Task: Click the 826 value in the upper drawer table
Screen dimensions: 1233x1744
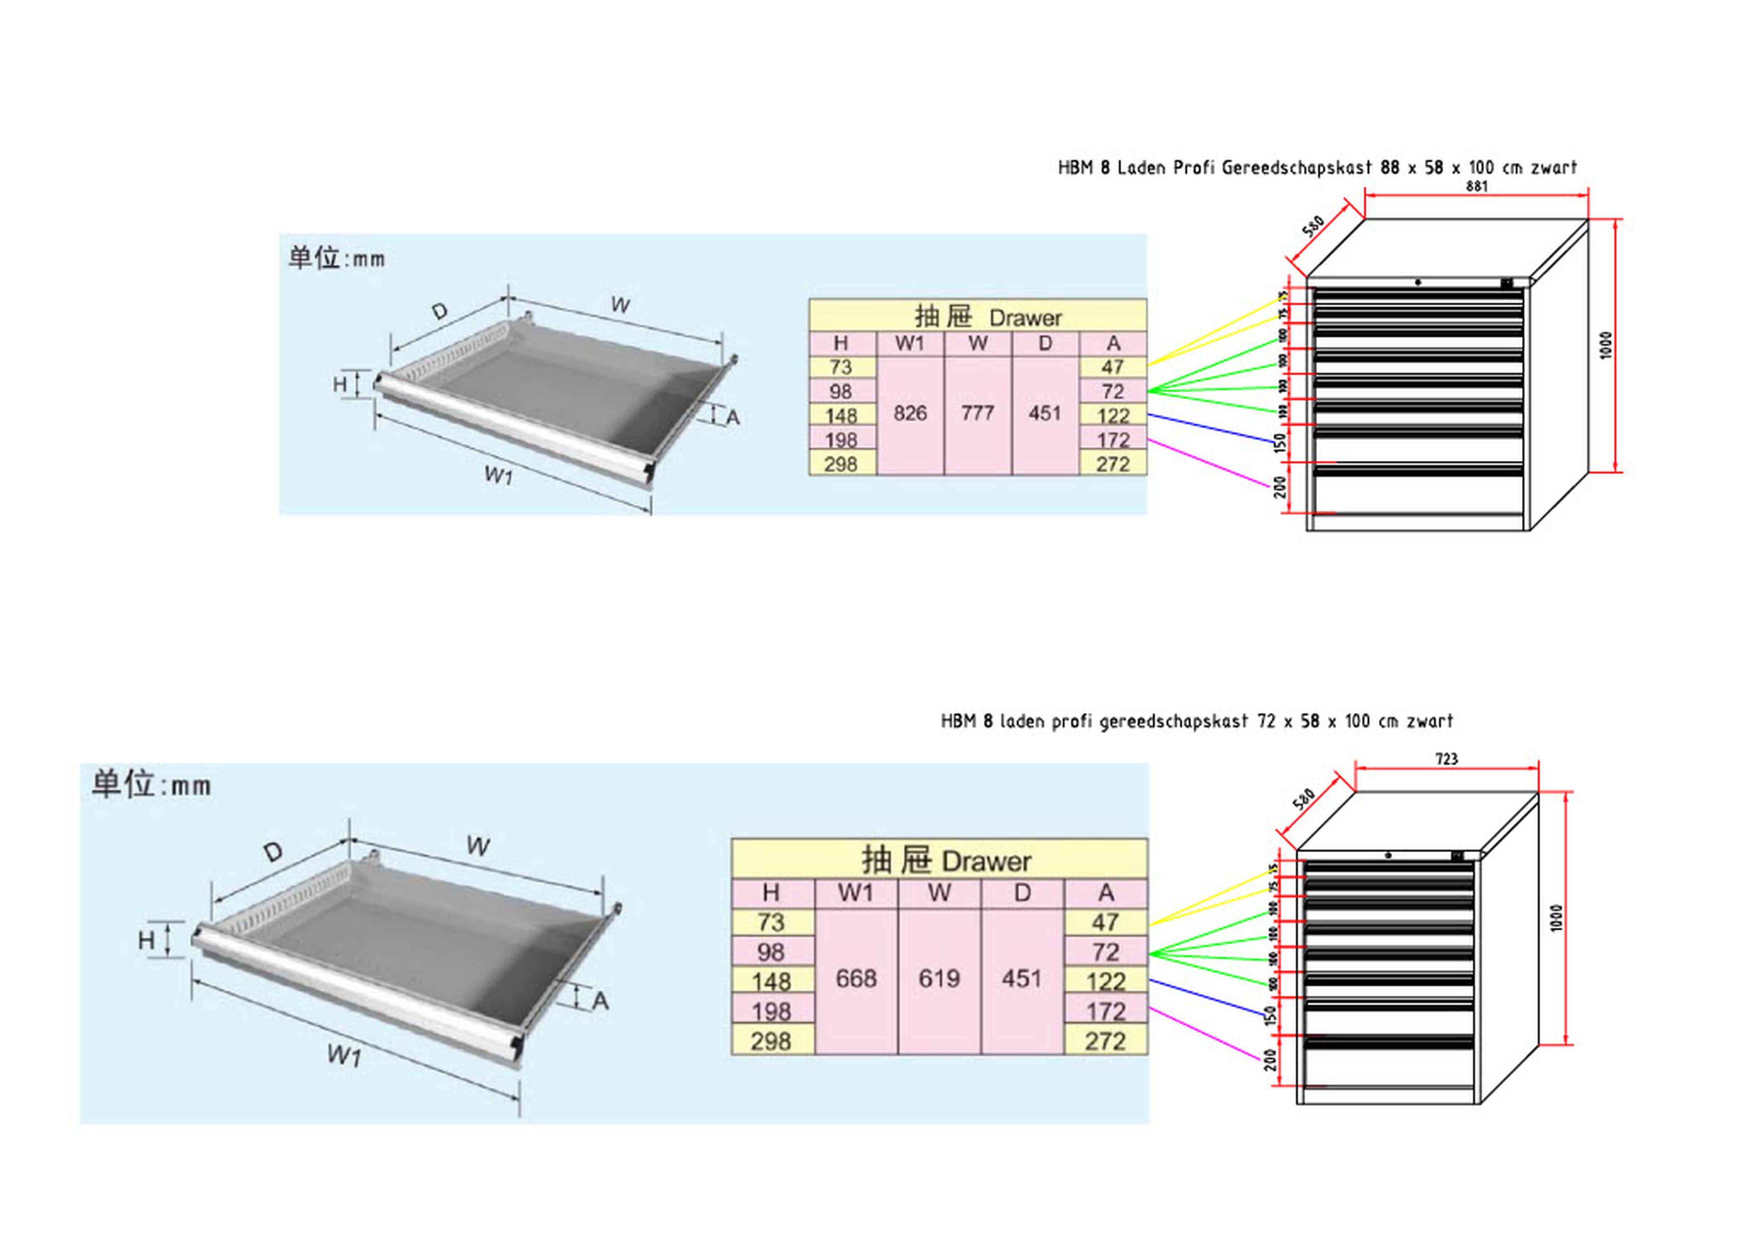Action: click(x=910, y=413)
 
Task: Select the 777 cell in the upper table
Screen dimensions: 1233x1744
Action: click(x=977, y=413)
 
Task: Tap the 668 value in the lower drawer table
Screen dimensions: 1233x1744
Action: click(x=856, y=979)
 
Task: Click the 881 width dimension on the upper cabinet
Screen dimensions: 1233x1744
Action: click(x=1476, y=186)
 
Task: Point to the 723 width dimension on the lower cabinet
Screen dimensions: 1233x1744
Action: click(x=1446, y=759)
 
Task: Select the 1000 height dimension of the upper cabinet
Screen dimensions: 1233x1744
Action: click(x=1605, y=346)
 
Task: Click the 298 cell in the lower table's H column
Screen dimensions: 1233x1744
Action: click(x=771, y=1041)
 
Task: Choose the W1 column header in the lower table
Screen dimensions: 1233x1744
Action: click(x=856, y=893)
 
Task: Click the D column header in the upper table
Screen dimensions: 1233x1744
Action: click(x=1045, y=343)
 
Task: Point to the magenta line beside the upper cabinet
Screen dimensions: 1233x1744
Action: click(x=1208, y=463)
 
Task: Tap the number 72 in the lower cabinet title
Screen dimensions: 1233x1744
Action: click(x=1266, y=721)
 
